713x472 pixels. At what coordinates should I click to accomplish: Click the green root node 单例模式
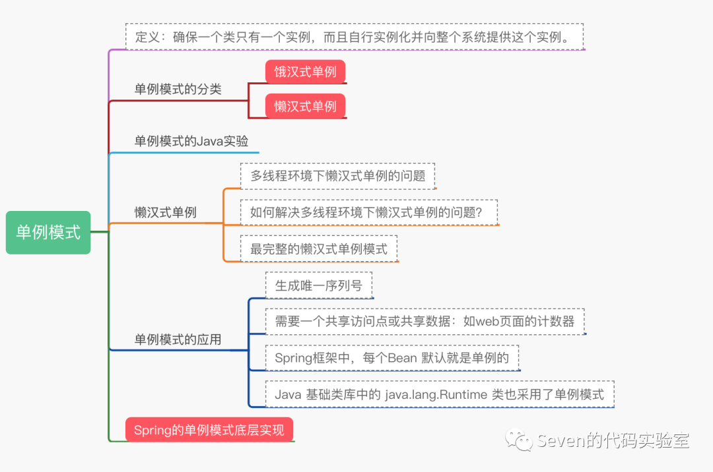48,232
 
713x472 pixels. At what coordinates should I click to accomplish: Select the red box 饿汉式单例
306,72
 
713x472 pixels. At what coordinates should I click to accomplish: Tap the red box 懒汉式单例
306,106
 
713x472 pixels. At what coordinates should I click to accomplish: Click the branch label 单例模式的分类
178,89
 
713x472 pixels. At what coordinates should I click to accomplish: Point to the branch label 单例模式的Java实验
191,141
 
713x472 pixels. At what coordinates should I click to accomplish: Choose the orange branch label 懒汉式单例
165,212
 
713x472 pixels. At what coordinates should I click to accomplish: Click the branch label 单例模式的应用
178,339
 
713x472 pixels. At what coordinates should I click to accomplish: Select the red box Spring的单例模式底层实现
209,430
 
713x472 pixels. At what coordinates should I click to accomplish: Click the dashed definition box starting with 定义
355,37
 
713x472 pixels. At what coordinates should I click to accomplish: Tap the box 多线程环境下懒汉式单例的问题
337,176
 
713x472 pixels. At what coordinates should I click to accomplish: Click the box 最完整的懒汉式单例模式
319,249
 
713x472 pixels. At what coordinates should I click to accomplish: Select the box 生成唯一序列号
319,285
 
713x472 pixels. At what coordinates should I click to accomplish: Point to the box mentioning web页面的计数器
424,322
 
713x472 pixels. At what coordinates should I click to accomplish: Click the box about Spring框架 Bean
391,358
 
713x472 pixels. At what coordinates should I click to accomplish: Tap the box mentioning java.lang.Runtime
439,394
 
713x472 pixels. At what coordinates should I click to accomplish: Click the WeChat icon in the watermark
519,440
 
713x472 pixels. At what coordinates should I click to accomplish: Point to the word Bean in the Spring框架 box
403,358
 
